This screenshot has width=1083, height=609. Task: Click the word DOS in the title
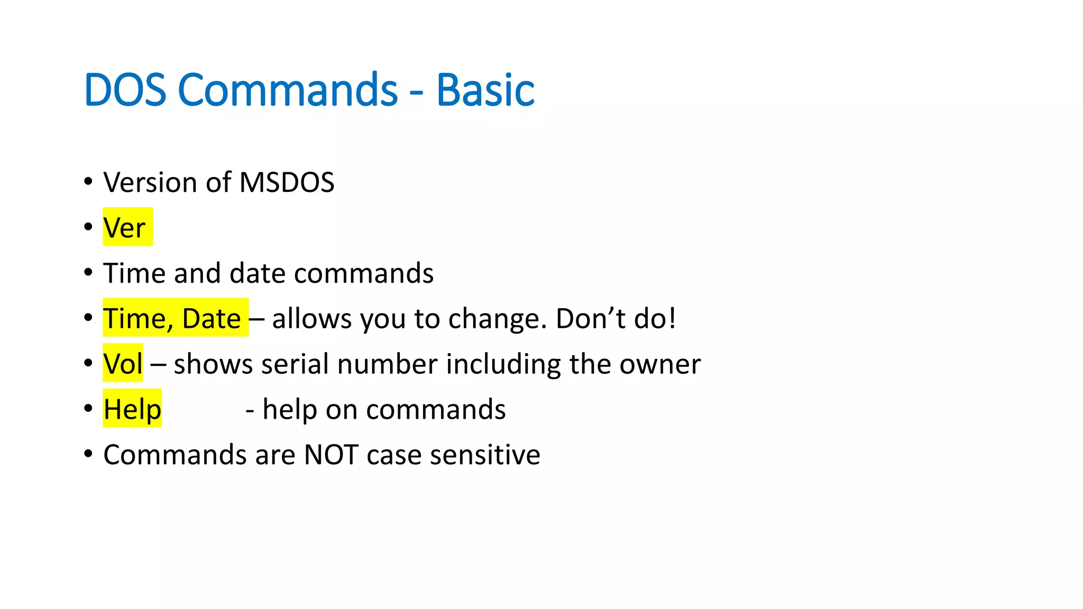click(x=125, y=90)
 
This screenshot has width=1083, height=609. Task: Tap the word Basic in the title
click(x=485, y=90)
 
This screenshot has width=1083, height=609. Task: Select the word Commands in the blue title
click(x=287, y=90)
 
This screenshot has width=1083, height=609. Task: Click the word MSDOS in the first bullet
click(x=287, y=182)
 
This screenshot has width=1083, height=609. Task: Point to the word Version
click(x=150, y=182)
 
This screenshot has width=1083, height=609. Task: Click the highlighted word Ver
click(x=124, y=228)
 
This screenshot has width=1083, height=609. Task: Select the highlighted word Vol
click(x=123, y=364)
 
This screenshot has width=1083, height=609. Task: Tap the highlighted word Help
click(x=132, y=409)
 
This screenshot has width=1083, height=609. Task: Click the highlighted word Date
click(x=211, y=319)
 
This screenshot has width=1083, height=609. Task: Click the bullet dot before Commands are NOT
click(x=88, y=454)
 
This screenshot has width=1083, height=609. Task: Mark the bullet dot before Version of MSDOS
click(x=88, y=181)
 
